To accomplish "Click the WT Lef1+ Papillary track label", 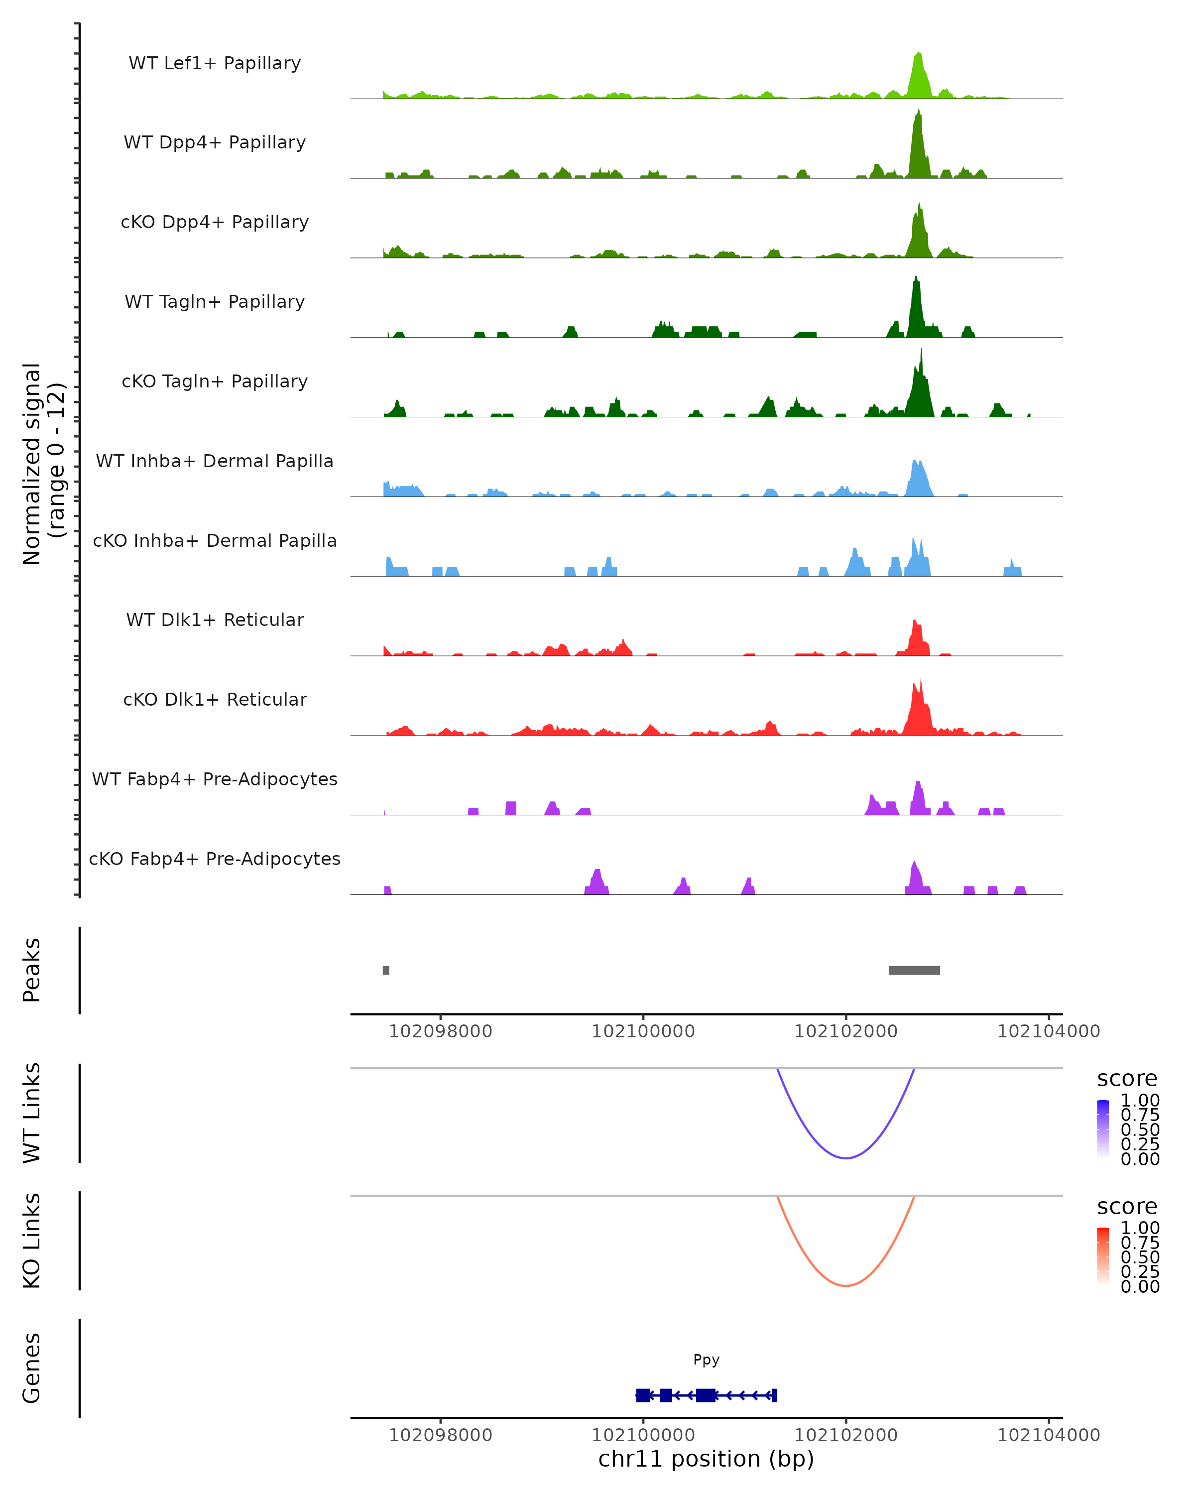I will point(215,63).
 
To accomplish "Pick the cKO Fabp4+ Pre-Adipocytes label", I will point(215,859).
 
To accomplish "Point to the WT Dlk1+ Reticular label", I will point(215,620).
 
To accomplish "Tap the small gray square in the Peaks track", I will point(386,970).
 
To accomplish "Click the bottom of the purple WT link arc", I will point(846,1157).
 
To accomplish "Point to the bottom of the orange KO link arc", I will point(846,1285).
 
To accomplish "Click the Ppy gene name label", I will point(706,1360).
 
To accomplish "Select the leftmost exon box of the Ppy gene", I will point(643,1395).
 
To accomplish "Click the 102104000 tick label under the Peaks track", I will point(1048,1031).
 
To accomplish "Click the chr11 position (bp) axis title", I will point(706,1459).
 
